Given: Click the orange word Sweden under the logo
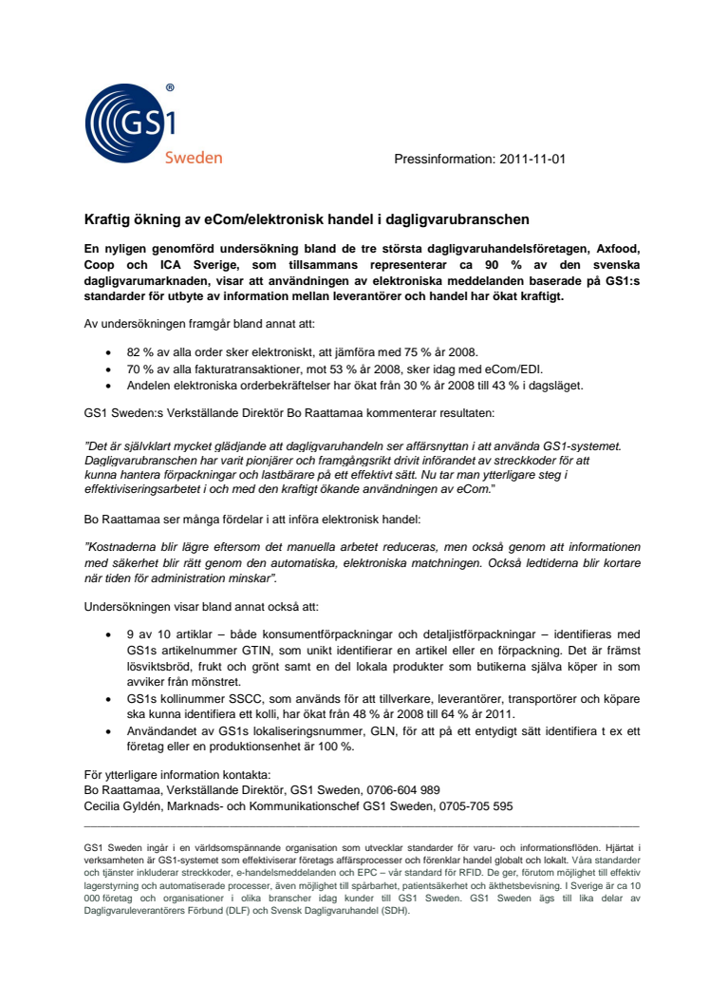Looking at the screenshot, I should click(194, 158).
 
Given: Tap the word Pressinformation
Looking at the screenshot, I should click(440, 160).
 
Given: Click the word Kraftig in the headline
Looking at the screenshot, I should click(106, 219).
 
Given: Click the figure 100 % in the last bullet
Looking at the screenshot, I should click(335, 747).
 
